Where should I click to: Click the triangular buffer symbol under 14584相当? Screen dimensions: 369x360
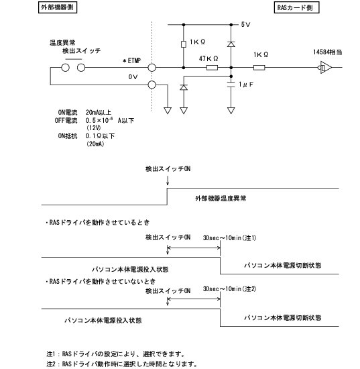point(326,67)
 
